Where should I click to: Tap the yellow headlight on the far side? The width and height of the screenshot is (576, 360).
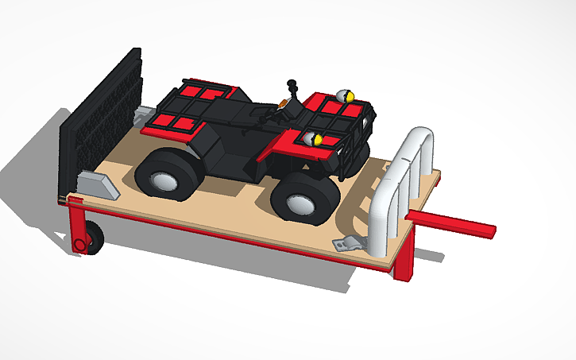coord(346,95)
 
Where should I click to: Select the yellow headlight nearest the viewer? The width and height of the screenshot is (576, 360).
coord(315,140)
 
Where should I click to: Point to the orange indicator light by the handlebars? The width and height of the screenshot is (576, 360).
coord(283,104)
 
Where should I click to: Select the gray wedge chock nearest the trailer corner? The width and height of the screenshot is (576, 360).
coord(99,184)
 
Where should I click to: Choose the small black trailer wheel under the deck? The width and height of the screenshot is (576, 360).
coord(93,238)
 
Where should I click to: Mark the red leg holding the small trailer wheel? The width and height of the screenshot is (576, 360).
coord(76,226)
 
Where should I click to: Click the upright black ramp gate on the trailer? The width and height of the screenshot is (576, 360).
coord(102,119)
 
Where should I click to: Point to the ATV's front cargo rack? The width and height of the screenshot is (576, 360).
coord(334,115)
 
